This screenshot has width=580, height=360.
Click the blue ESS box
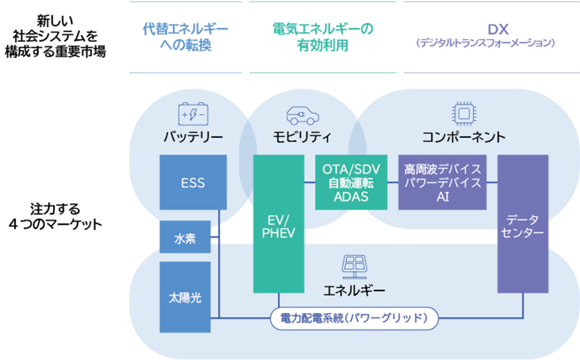193,183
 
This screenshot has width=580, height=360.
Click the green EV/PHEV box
278,223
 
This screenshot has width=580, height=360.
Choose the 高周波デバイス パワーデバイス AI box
442,182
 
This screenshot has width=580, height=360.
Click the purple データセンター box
522,223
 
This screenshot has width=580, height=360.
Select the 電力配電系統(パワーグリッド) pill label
354,317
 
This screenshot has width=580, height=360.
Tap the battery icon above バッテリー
193,115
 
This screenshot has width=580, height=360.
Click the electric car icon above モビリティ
302,115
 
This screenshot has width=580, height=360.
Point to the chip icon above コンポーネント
463,115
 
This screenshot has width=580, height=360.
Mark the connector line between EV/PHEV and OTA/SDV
309,183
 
